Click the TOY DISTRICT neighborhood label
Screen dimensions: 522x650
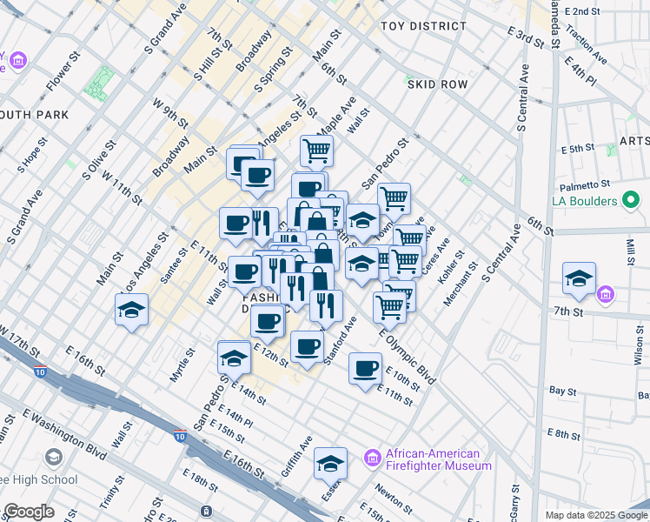423,27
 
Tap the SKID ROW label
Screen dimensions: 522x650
436,84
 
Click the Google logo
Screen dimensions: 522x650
30,512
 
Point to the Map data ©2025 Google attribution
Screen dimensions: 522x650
595,515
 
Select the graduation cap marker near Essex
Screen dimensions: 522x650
330,465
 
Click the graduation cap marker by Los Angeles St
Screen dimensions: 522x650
131,310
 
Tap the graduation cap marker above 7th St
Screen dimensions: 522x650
579,278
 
